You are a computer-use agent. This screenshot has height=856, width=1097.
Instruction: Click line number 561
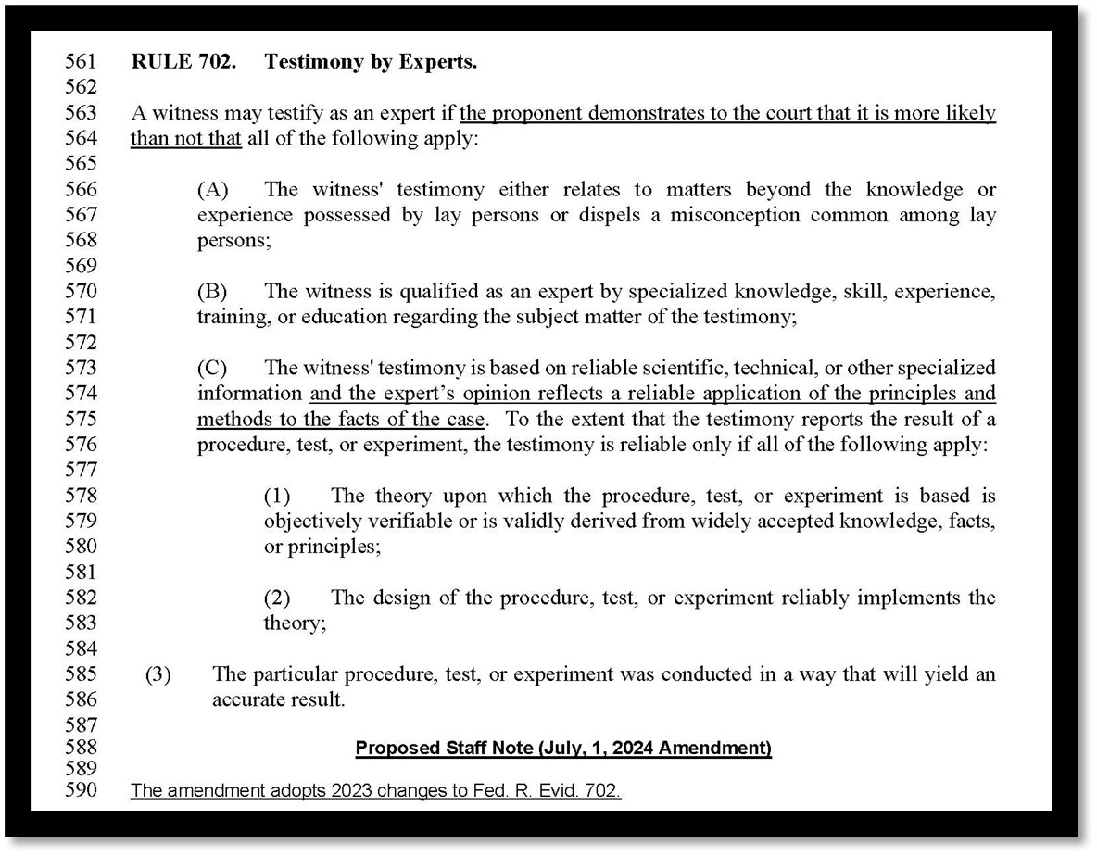pyautogui.click(x=80, y=62)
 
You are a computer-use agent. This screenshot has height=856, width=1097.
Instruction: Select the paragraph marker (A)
pyautogui.click(x=212, y=190)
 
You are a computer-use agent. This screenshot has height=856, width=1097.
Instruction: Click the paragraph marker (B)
pyautogui.click(x=212, y=291)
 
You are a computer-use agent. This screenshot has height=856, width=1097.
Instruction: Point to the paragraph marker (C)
pyautogui.click(x=212, y=368)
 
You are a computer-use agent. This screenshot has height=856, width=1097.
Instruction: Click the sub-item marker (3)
pyautogui.click(x=158, y=674)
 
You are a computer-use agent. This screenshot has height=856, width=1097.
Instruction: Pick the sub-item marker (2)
pyautogui.click(x=278, y=598)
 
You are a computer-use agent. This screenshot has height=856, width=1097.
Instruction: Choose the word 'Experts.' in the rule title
pyautogui.click(x=439, y=62)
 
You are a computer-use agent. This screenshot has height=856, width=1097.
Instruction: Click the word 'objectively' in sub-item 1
pyautogui.click(x=310, y=521)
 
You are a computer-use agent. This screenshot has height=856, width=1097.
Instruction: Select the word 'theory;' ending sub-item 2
pyautogui.click(x=295, y=623)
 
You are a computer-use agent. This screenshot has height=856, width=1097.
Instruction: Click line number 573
pyautogui.click(x=80, y=368)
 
